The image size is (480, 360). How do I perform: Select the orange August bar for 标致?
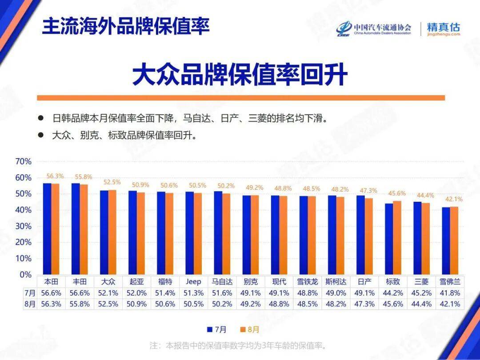(x=397, y=237)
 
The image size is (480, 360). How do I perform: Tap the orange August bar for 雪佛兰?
(x=454, y=240)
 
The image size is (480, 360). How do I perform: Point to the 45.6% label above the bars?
(x=397, y=193)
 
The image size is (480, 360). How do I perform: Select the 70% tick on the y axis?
(x=23, y=161)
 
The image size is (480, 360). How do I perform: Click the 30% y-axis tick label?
(x=23, y=226)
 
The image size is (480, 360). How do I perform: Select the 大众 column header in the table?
(x=108, y=282)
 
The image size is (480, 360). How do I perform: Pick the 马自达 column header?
(x=222, y=282)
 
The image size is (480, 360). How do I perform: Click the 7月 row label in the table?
(x=29, y=293)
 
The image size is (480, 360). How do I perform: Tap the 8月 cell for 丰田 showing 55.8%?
(x=80, y=304)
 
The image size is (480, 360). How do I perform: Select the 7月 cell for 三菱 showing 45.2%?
(x=421, y=293)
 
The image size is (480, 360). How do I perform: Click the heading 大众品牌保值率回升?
(x=240, y=75)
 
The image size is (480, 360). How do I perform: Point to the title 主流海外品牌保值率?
(x=126, y=27)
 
